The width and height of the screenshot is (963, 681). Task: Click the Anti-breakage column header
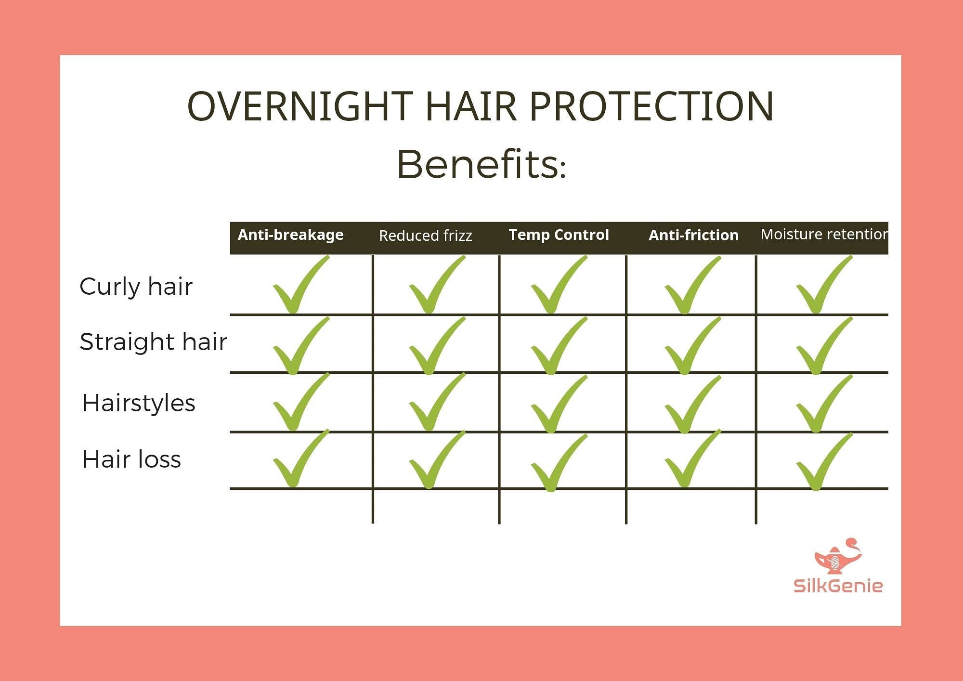coord(290,235)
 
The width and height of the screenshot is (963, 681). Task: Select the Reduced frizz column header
coord(425,236)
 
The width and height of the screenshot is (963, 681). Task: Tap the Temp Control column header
coord(559,235)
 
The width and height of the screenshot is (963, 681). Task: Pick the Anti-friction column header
coord(693,235)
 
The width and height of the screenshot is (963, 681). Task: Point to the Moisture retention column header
coord(824,234)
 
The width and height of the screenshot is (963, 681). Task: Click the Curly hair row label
coord(136,287)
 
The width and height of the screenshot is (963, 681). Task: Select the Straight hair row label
coord(153,342)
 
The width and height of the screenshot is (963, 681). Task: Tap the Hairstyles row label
coord(139,403)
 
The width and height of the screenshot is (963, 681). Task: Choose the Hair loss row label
coord(131,459)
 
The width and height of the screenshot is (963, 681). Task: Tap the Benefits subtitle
coord(481,165)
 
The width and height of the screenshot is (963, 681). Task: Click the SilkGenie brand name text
coord(838,586)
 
